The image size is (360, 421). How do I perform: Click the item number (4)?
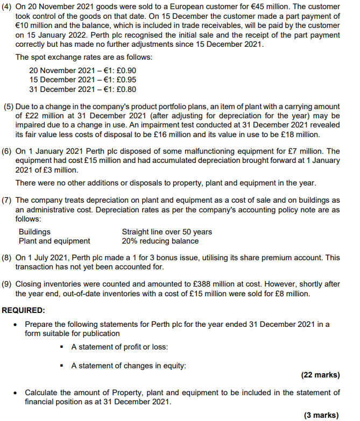pos(9,6)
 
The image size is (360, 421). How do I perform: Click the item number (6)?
pos(9,151)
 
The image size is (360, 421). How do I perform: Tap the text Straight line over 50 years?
pos(167,232)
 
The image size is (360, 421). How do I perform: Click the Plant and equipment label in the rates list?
pos(54,241)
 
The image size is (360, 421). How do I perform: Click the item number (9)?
pos(9,284)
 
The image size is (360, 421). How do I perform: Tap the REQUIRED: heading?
pos(24,310)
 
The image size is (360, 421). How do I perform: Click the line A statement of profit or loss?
pos(119,347)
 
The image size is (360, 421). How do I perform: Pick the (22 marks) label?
pos(321,375)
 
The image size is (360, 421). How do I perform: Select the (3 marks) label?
pos(323,415)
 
